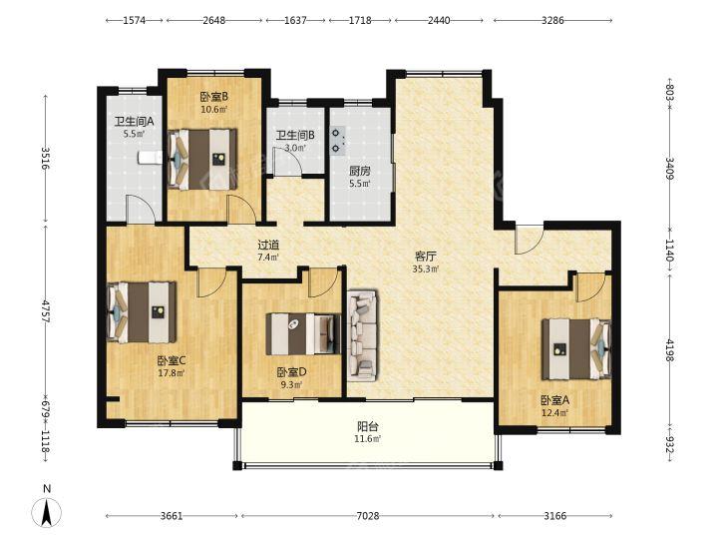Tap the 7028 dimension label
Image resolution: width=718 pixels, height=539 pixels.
click(368, 516)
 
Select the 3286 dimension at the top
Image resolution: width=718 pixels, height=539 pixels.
click(552, 20)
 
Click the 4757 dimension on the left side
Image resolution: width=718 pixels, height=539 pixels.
click(45, 312)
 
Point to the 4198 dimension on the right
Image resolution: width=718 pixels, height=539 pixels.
click(669, 350)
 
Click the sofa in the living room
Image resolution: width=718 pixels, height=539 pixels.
click(363, 335)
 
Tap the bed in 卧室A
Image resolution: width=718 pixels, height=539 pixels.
click(576, 349)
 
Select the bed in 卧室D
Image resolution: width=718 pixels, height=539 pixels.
click(303, 334)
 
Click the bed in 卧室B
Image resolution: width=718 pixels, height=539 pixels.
click(201, 159)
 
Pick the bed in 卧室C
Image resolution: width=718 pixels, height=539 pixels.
click(141, 312)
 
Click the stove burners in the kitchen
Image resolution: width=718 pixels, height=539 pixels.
click(338, 141)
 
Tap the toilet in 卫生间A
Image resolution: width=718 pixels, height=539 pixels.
click(150, 158)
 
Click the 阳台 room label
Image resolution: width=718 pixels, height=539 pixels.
click(368, 427)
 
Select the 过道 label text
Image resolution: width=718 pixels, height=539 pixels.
click(268, 246)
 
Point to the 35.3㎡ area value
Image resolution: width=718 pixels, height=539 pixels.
click(426, 269)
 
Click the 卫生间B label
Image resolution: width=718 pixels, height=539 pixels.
click(295, 136)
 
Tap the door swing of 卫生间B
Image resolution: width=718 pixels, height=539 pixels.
click(286, 161)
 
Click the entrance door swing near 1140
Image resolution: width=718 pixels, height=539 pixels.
click(529, 239)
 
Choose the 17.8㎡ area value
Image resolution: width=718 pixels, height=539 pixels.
click(172, 373)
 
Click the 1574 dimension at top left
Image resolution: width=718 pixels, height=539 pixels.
click(135, 20)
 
